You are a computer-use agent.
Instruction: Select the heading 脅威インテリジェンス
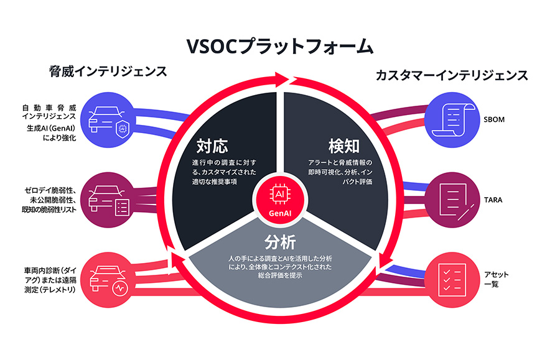click(108, 72)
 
